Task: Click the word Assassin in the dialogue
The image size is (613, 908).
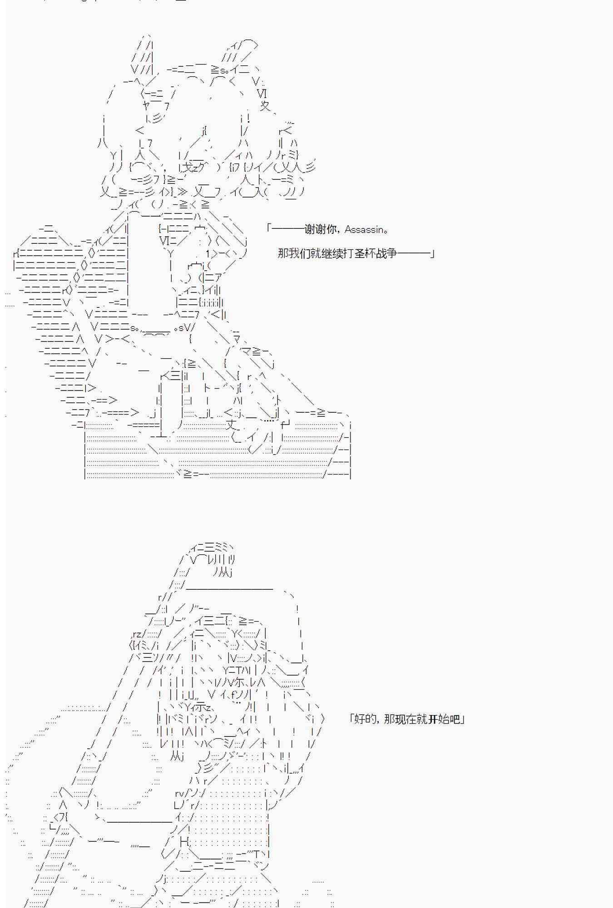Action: tap(364, 230)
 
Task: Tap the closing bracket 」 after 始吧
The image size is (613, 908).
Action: tap(462, 720)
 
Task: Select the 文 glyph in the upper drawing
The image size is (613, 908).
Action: tap(265, 106)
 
